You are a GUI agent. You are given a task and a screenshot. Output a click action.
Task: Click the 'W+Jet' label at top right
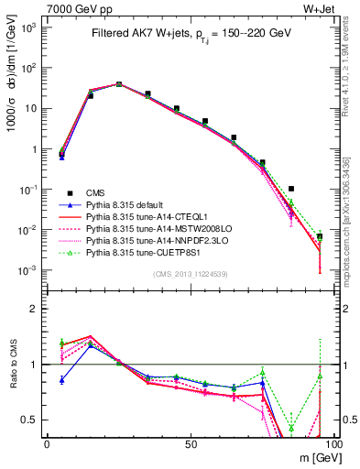pyautogui.click(x=311, y=8)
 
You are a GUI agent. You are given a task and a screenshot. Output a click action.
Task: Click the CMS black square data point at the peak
pyautogui.click(x=119, y=83)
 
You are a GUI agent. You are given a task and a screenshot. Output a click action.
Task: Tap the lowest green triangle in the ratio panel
pyautogui.click(x=291, y=428)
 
